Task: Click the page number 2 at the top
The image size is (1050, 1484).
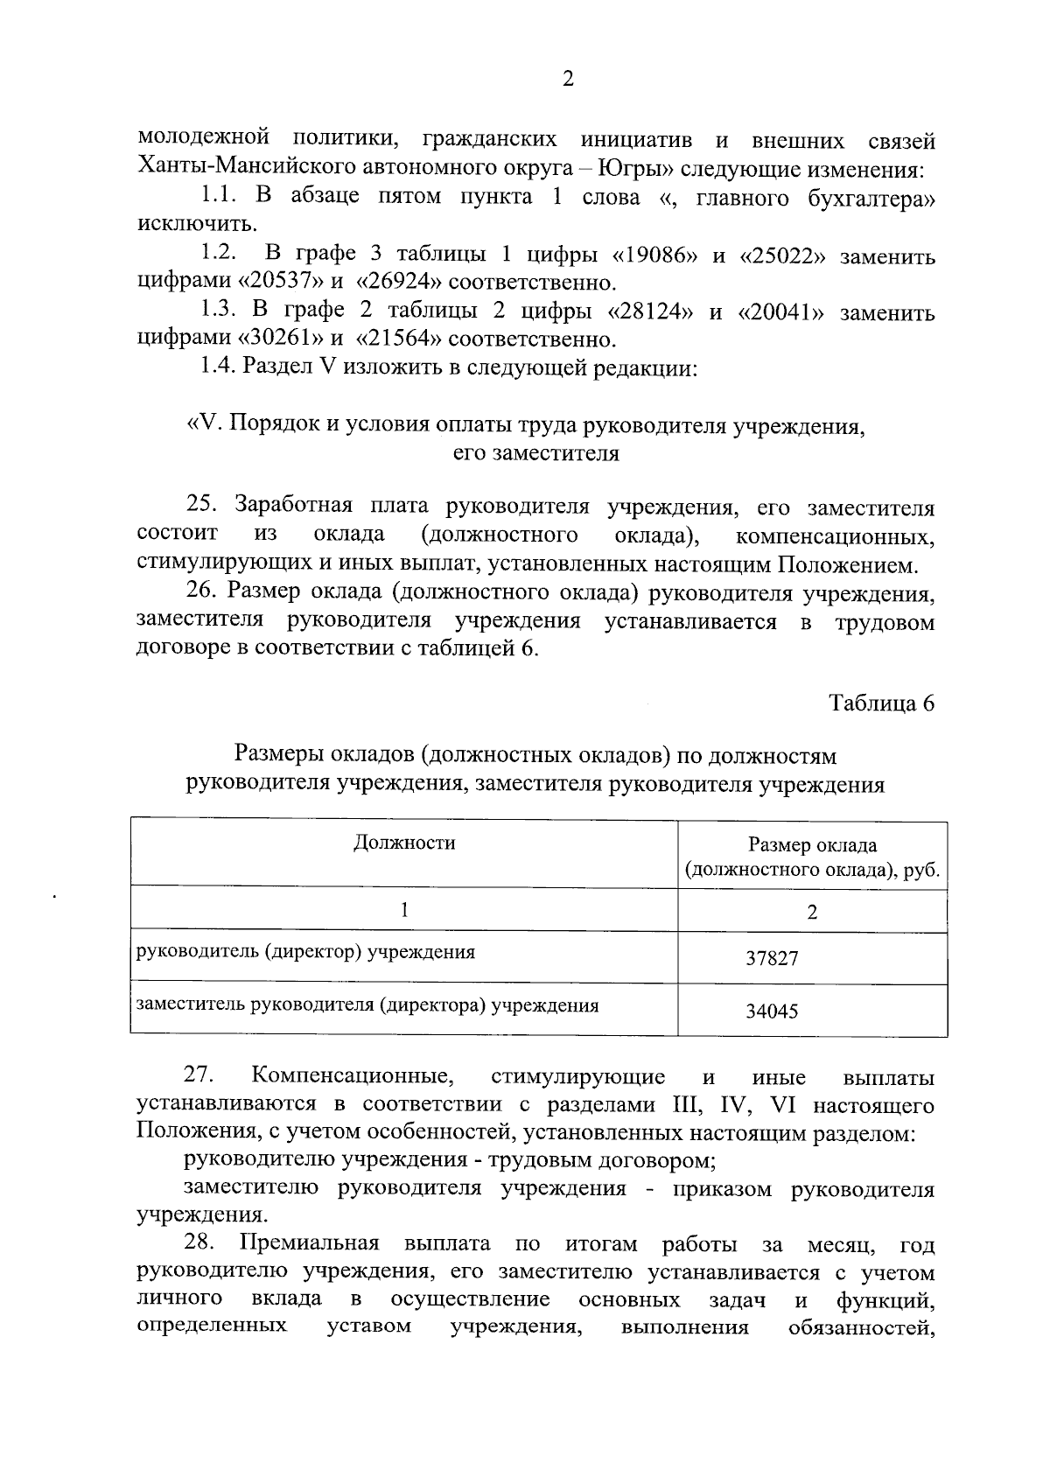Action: point(568,80)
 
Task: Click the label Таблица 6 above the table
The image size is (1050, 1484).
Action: point(882,703)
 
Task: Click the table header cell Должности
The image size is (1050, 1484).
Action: point(404,843)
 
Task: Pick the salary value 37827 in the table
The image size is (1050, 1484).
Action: point(772,958)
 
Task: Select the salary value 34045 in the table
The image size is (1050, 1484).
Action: point(772,1011)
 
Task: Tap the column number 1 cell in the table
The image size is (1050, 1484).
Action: point(404,910)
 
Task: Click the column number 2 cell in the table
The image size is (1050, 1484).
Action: point(812,912)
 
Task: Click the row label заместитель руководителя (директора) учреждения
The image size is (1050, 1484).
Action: point(366,1005)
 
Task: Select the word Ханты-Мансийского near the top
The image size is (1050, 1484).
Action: point(228,168)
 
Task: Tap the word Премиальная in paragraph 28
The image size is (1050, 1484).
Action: point(310,1244)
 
